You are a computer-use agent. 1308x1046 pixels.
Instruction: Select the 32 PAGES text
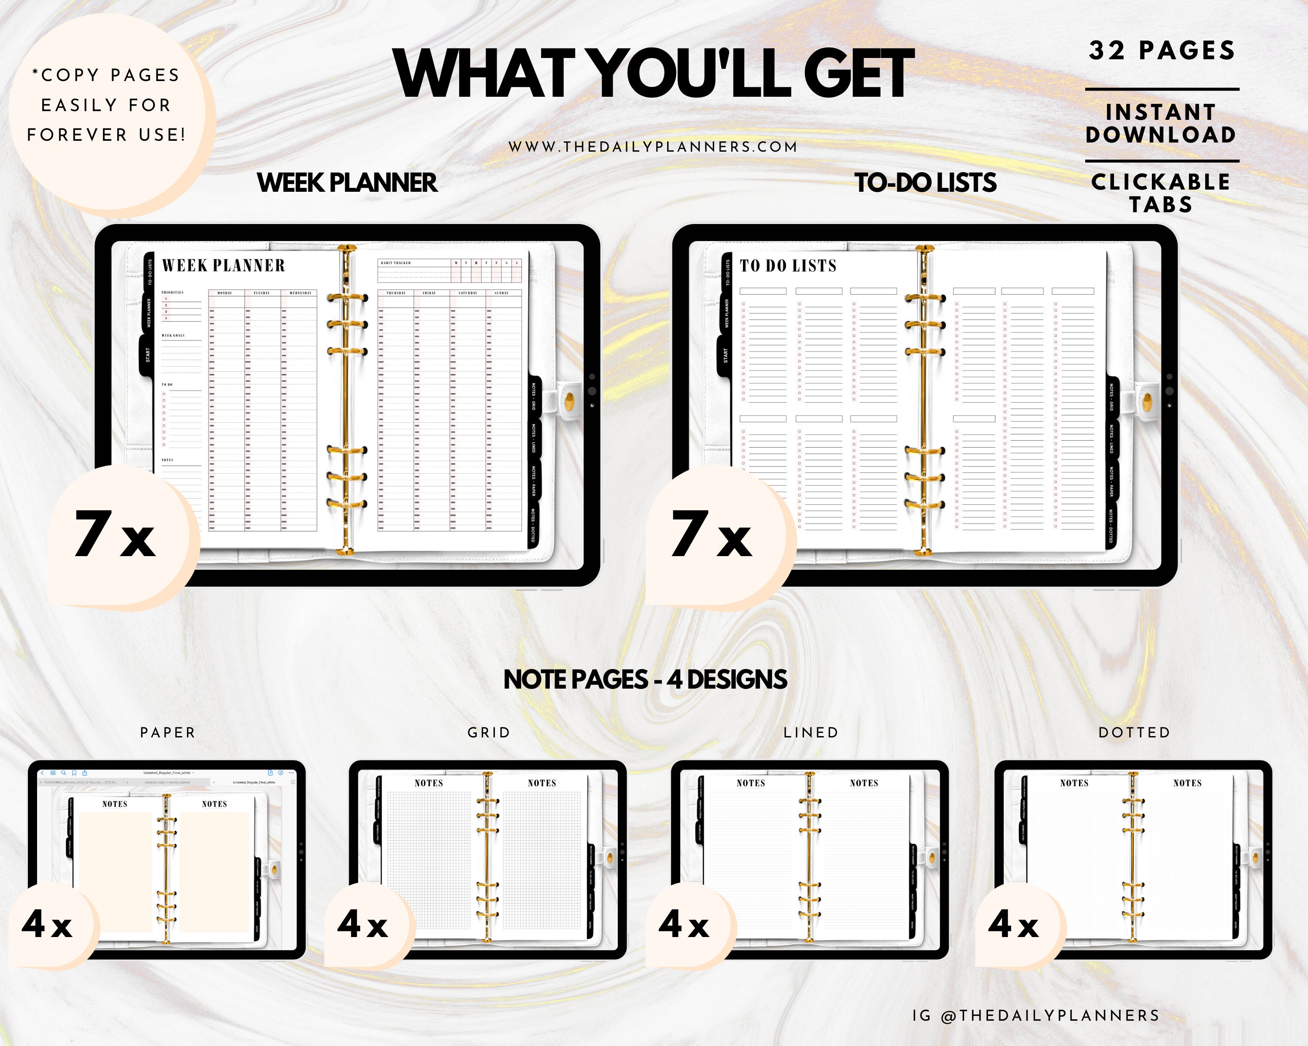tap(1161, 50)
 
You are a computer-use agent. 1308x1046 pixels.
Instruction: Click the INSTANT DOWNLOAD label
tap(1161, 123)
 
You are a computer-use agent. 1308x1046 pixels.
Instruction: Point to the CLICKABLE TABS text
tap(1161, 193)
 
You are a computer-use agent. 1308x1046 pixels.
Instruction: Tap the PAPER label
tap(167, 733)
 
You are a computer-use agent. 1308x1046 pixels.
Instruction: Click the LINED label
tap(811, 733)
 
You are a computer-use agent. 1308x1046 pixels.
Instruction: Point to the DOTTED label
tap(1134, 733)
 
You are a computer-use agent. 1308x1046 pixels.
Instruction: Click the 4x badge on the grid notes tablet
tap(363, 925)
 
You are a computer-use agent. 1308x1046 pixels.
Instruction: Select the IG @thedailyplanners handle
tap(1035, 1015)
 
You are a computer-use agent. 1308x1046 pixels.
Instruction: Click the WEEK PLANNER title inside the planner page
tap(223, 265)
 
